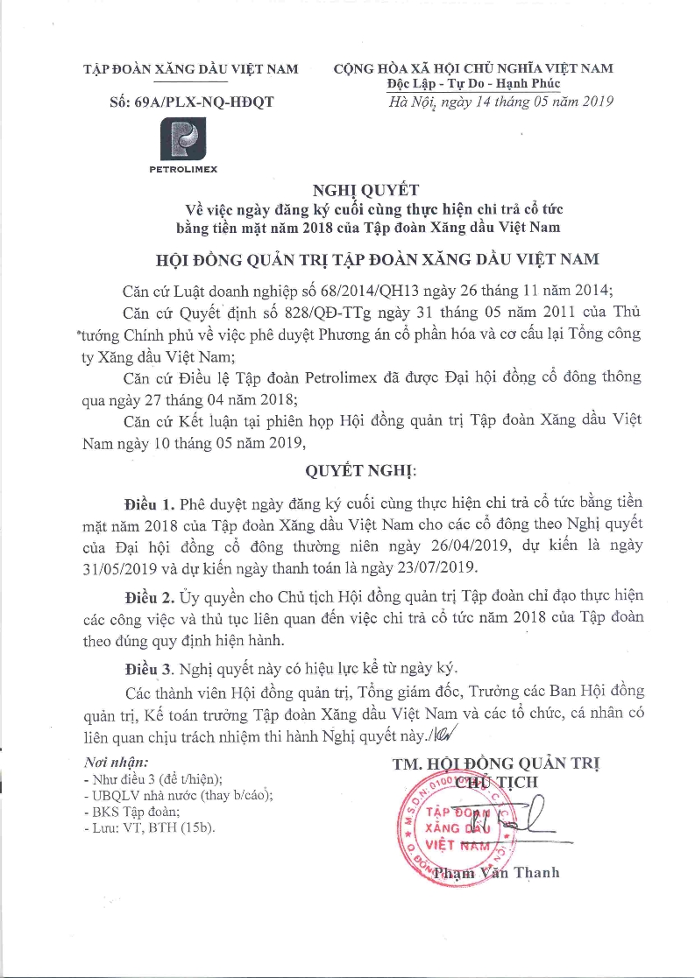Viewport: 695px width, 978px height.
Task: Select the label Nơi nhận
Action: pos(115,763)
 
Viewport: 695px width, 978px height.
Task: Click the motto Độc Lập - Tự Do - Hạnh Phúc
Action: pos(474,84)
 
